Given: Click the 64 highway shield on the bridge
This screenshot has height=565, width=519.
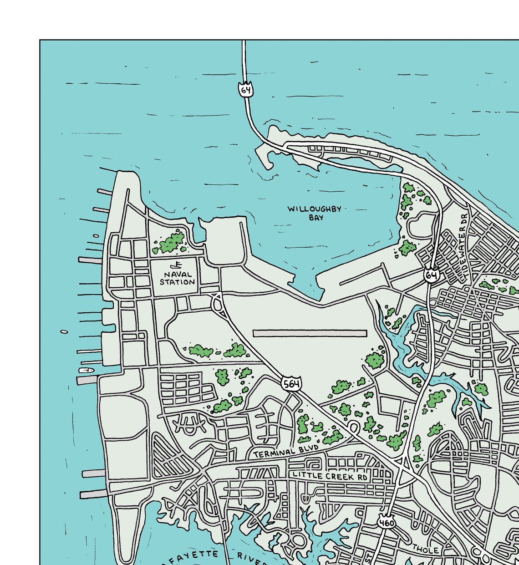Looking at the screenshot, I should pyautogui.click(x=246, y=90).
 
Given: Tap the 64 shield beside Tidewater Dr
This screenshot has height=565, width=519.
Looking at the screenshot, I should pyautogui.click(x=432, y=275).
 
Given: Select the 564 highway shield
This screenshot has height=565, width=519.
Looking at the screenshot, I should pyautogui.click(x=291, y=384).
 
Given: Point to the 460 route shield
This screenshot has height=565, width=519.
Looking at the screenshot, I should pyautogui.click(x=386, y=523).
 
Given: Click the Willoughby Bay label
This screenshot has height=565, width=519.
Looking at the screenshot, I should pyautogui.click(x=314, y=213).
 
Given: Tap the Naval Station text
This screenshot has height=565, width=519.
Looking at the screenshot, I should pyautogui.click(x=177, y=278).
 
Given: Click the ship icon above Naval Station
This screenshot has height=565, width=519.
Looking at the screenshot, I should pyautogui.click(x=176, y=265).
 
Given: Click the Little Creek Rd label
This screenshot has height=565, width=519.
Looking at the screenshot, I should pyautogui.click(x=330, y=476).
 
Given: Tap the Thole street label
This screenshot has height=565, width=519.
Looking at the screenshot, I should pyautogui.click(x=425, y=550).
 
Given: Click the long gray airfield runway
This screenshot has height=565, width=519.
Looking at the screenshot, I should pyautogui.click(x=310, y=333).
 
